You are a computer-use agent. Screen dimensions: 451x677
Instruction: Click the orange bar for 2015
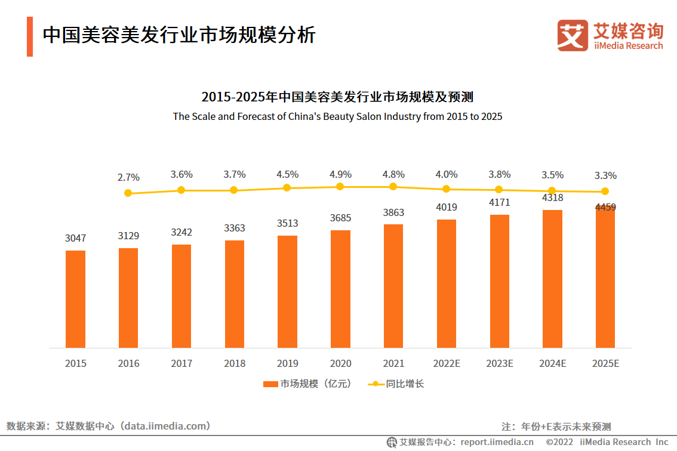[x=76, y=299]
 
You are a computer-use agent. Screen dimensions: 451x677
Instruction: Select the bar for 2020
[x=340, y=289]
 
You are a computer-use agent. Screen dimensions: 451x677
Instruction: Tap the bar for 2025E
[x=605, y=277]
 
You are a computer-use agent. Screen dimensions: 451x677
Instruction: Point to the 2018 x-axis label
[x=235, y=363]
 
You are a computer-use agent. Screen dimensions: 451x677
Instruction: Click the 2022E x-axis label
[x=446, y=363]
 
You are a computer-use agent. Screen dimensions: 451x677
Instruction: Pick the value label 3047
[x=76, y=238]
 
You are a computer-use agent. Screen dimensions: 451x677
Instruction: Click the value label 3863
[x=393, y=212]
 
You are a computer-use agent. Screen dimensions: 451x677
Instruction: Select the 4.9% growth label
[x=340, y=174]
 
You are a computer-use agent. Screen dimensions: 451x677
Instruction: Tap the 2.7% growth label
[x=128, y=177]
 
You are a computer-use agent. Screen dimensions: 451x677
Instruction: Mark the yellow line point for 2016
[x=128, y=193]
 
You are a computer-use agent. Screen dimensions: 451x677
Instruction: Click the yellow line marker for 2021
[x=393, y=187]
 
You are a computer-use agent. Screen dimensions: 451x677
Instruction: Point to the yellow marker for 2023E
[x=499, y=190]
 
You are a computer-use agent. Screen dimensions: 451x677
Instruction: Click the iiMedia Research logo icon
[x=572, y=35]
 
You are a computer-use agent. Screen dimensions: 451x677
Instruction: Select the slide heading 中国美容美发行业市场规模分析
[x=179, y=35]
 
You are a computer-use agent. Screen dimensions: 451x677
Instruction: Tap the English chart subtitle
[x=337, y=116]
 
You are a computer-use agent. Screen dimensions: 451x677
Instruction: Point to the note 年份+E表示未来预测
[x=566, y=427]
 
